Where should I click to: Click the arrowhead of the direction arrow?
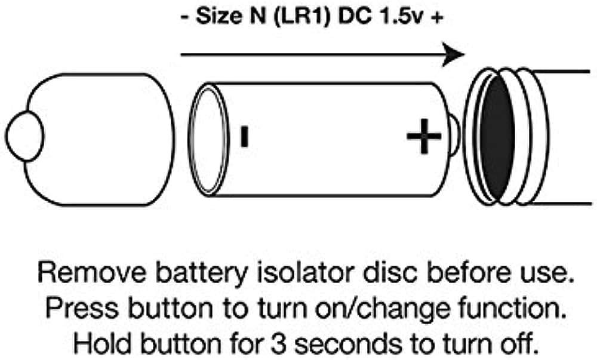click(x=456, y=54)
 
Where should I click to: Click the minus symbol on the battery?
click(x=244, y=136)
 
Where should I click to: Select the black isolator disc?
click(x=497, y=137)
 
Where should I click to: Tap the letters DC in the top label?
click(x=355, y=17)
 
